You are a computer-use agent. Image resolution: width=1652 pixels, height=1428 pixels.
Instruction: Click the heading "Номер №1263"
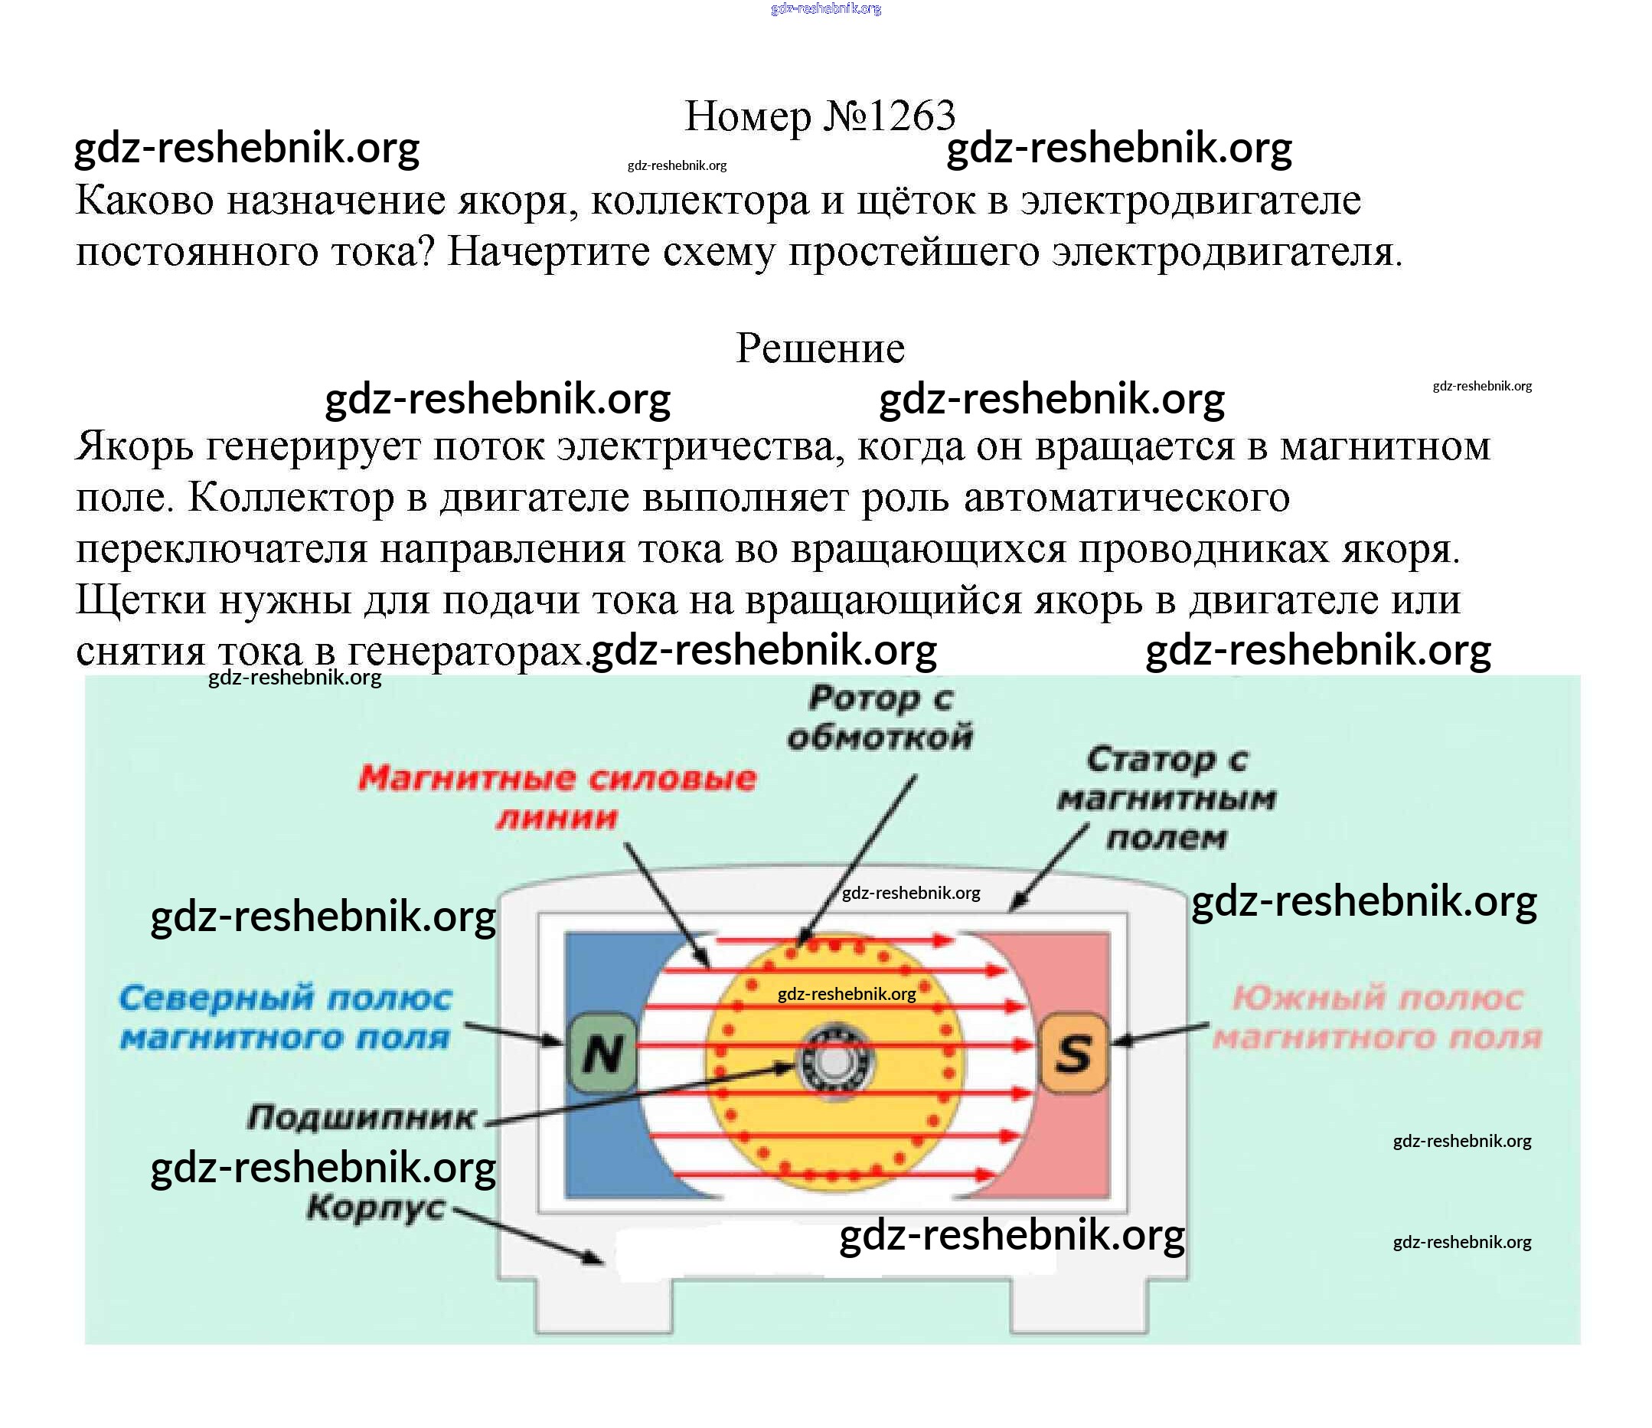[x=819, y=116]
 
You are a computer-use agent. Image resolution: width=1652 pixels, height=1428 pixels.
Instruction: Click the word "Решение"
[x=820, y=348]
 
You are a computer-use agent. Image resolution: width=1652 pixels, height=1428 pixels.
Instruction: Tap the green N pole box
[x=602, y=1053]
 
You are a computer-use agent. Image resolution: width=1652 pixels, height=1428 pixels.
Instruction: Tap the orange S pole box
[x=1073, y=1053]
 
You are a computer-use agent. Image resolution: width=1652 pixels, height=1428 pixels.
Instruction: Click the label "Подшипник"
[x=361, y=1118]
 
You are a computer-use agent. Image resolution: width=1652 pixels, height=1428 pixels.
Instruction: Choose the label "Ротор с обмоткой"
[x=880, y=717]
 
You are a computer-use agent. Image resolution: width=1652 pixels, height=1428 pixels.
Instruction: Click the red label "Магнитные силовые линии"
[x=557, y=797]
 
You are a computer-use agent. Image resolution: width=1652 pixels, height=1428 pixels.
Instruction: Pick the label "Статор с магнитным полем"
[x=1167, y=799]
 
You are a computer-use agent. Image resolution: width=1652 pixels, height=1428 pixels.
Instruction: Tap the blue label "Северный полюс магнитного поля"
[x=286, y=1018]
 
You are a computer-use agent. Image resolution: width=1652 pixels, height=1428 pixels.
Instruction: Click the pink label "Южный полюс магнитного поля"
[x=1377, y=1018]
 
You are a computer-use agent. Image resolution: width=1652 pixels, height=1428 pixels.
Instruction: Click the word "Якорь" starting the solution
[x=134, y=446]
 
